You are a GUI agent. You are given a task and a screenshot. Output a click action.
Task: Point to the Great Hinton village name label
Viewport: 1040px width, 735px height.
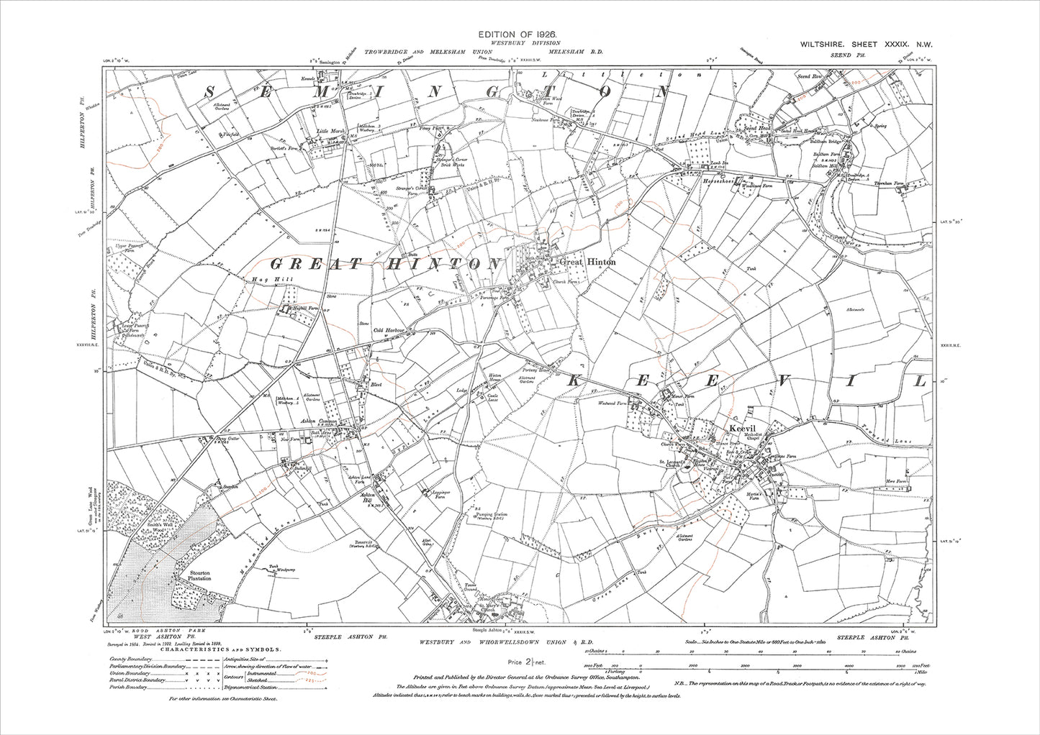point(588,262)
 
